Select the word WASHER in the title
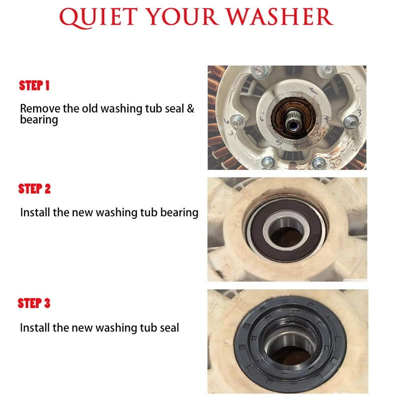280,17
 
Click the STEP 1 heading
34,85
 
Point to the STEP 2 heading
34,189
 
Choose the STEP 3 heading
34,303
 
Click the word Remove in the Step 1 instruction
40,108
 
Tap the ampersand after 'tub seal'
190,108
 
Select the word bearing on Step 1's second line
39,120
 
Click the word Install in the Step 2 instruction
35,212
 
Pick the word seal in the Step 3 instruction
169,328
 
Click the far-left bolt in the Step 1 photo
237,122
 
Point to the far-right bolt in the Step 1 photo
351,122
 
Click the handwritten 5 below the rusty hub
279,142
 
